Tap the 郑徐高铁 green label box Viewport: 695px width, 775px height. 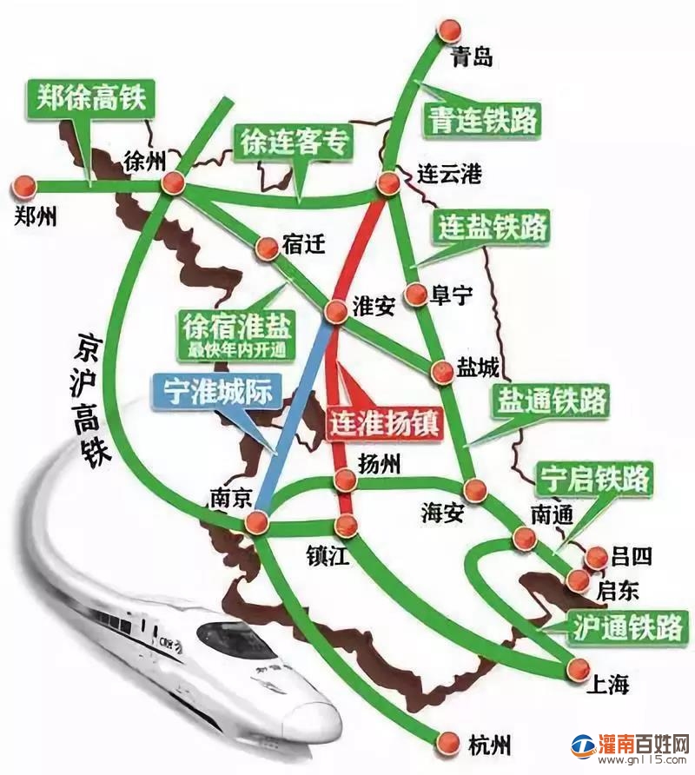[x=89, y=99]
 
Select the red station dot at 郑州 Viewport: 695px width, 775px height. [x=23, y=185]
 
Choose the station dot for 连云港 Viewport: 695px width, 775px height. [x=388, y=182]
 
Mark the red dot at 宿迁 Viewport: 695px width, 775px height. [x=266, y=248]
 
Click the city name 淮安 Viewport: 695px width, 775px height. [x=374, y=306]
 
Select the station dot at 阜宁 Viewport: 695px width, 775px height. [x=417, y=295]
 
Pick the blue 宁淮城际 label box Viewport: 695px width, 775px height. [x=213, y=392]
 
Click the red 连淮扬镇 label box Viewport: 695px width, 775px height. [x=385, y=422]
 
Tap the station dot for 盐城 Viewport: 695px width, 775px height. [x=443, y=372]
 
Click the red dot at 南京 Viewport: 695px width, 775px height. [x=256, y=522]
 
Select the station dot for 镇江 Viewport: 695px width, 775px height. [x=346, y=525]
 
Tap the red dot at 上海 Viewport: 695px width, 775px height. [x=575, y=667]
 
